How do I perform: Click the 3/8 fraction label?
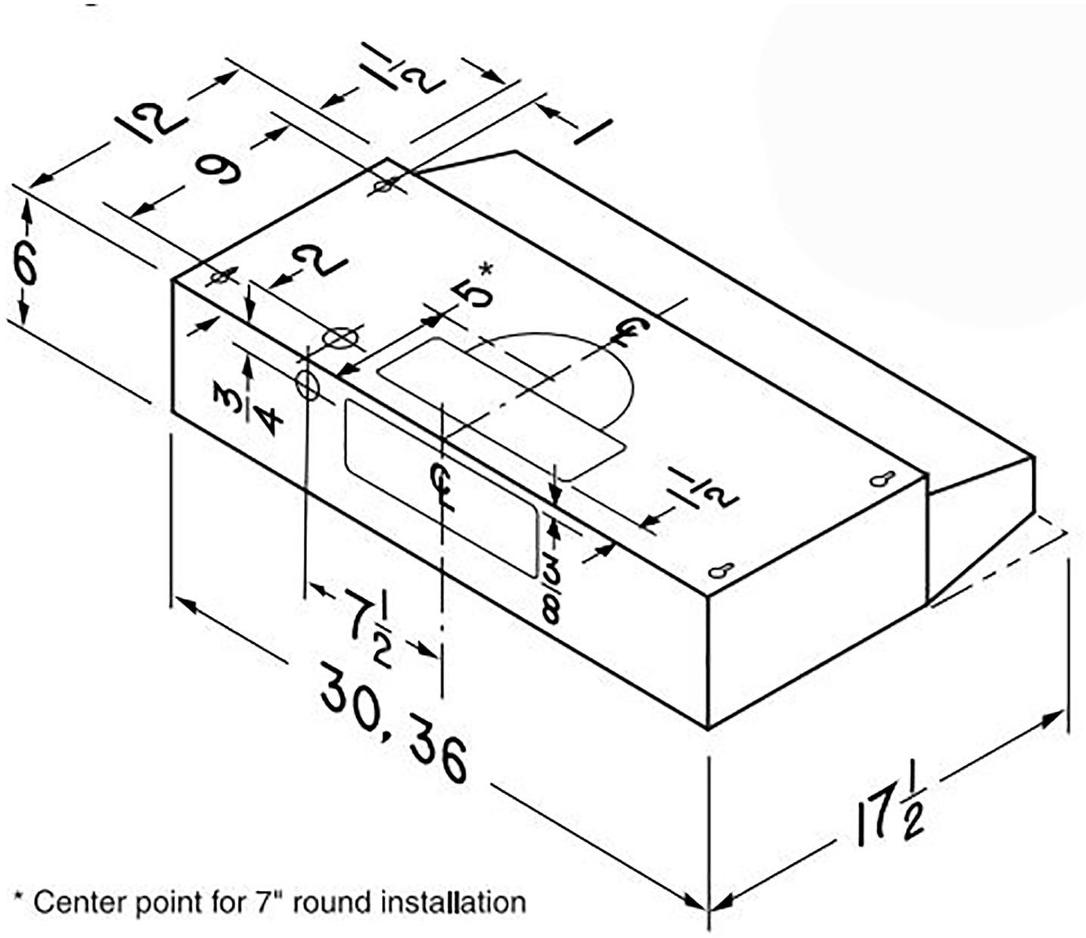pyautogui.click(x=551, y=591)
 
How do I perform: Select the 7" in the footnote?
pyautogui.click(x=265, y=901)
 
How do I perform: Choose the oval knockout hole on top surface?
pyautogui.click(x=340, y=337)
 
